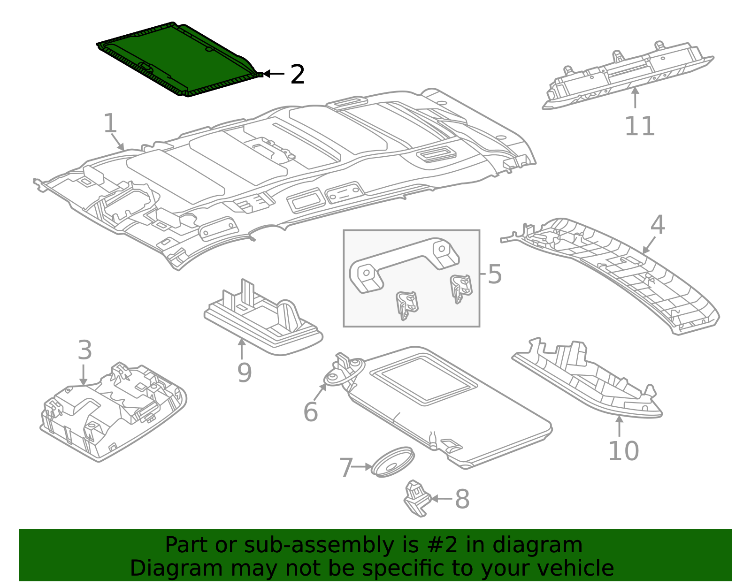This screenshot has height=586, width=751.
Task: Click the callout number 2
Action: coord(298,75)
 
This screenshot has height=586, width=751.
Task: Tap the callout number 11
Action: coord(639,126)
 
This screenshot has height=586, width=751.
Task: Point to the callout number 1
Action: coord(110,123)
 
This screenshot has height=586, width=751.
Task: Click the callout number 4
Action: coord(658,225)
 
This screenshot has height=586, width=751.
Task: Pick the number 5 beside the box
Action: coord(495,274)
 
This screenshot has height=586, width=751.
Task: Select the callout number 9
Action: coord(245,372)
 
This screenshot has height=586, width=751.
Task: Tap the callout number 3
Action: coord(84,350)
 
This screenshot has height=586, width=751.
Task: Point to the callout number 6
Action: coord(311,412)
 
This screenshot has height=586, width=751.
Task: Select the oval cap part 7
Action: coord(393,462)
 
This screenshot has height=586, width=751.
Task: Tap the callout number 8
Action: coord(462,499)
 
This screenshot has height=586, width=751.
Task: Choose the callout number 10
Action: coord(623,451)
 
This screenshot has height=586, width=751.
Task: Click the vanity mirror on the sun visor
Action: coord(423,379)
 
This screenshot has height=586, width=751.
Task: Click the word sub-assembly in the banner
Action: coord(319,545)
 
